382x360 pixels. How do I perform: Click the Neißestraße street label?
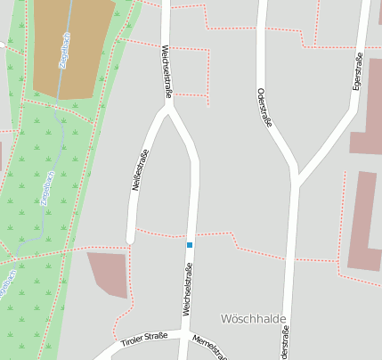140,170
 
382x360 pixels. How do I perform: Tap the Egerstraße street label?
357,71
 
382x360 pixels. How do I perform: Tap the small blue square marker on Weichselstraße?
189,244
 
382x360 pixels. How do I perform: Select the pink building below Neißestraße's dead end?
110,272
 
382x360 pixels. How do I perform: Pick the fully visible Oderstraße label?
263,107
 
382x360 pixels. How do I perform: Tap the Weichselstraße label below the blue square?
188,290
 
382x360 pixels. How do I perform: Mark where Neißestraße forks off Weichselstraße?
167,109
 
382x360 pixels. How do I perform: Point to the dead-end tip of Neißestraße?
131,239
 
